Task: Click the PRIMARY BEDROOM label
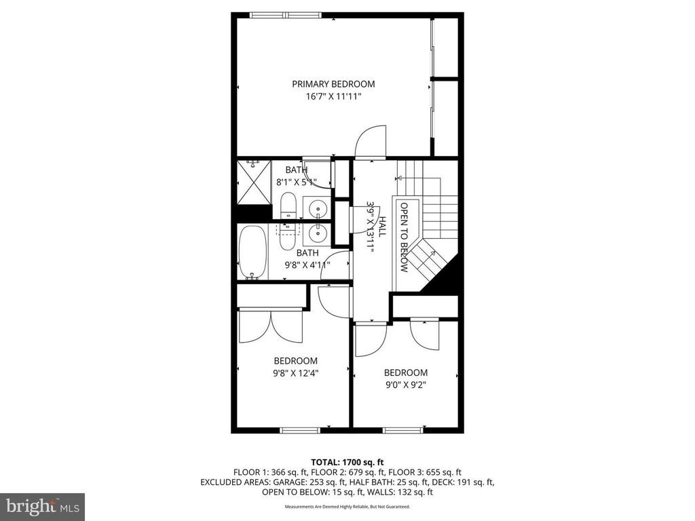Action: coord(333,84)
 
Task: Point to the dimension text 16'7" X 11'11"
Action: coord(333,97)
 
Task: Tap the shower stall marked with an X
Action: coord(252,181)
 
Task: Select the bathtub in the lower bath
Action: coord(252,251)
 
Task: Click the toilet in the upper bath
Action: coord(288,206)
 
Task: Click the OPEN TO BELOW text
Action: coord(404,237)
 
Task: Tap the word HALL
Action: coord(382,226)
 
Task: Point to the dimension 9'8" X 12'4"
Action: coord(295,373)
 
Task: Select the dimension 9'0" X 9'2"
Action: coord(406,385)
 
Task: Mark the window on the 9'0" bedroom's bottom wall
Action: coord(402,429)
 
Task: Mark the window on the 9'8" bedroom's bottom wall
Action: coord(300,429)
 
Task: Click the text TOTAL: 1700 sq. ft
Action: coord(347,462)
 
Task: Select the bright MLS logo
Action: coord(42,506)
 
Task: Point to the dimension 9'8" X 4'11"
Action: coord(302,265)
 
